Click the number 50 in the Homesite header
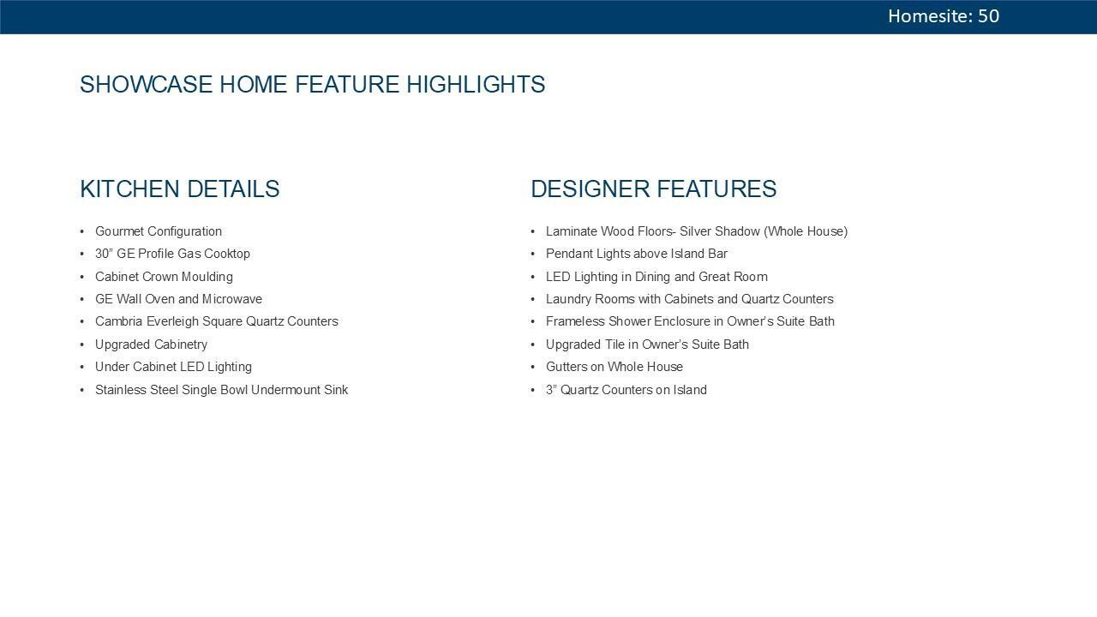(x=988, y=16)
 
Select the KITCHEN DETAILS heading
(x=179, y=189)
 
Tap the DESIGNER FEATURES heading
(x=653, y=189)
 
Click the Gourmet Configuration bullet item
(x=159, y=231)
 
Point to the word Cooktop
(x=227, y=254)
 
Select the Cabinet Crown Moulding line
(x=164, y=277)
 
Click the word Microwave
(x=232, y=299)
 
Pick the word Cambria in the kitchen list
(x=118, y=321)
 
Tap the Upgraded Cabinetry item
(x=151, y=344)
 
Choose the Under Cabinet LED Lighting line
(x=173, y=367)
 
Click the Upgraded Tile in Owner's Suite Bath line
(x=647, y=344)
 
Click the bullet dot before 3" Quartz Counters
(x=533, y=390)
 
